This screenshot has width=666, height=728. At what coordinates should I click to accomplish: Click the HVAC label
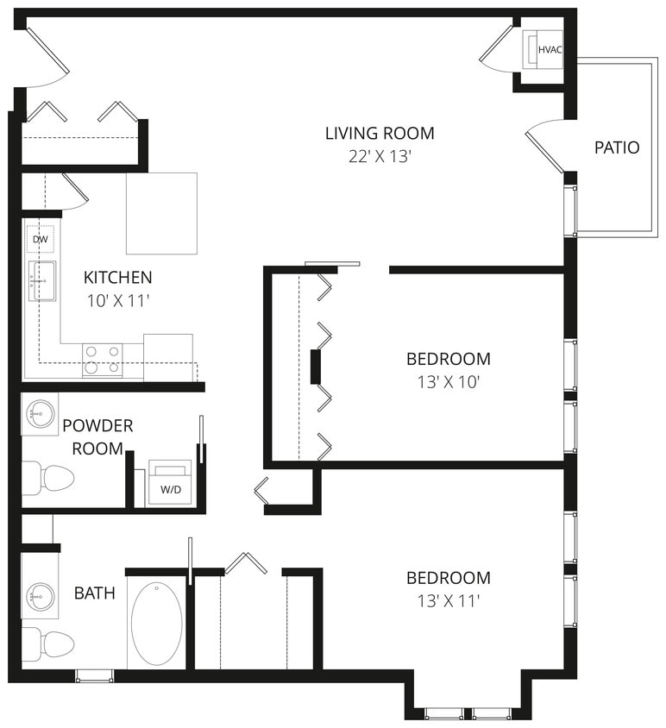pyautogui.click(x=550, y=49)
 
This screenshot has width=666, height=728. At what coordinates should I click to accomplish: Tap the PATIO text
pyautogui.click(x=617, y=147)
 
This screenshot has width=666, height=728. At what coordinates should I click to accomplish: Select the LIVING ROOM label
pyautogui.click(x=380, y=134)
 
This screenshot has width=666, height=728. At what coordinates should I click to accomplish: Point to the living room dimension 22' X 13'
pyautogui.click(x=380, y=157)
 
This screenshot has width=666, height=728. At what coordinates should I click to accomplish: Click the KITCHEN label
pyautogui.click(x=117, y=278)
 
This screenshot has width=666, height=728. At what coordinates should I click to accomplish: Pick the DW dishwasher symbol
pyautogui.click(x=40, y=239)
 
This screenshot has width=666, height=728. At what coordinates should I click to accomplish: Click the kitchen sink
pyautogui.click(x=41, y=280)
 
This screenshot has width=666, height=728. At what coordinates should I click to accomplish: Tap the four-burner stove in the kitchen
pyautogui.click(x=102, y=360)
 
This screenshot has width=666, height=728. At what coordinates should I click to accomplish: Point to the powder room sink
pyautogui.click(x=39, y=414)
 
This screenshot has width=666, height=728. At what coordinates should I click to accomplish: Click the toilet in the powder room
pyautogui.click(x=47, y=477)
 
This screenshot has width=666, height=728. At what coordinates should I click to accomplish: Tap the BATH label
pyautogui.click(x=94, y=593)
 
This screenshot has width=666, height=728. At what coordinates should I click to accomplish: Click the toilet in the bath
pyautogui.click(x=47, y=643)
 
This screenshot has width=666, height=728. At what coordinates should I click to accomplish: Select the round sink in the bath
pyautogui.click(x=40, y=596)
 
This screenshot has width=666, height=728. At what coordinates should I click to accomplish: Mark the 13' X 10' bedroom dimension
pyautogui.click(x=449, y=381)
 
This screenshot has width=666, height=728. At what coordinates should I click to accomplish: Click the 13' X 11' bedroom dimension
pyautogui.click(x=449, y=600)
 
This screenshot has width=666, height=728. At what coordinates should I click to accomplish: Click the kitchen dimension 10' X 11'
pyautogui.click(x=117, y=301)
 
